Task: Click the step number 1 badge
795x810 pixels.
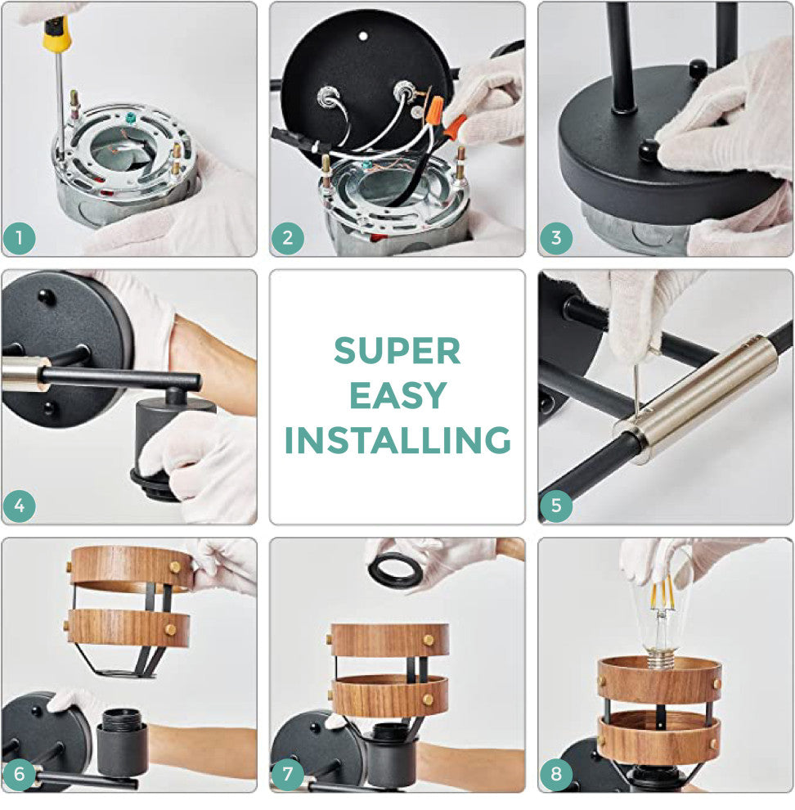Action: click(x=19, y=238)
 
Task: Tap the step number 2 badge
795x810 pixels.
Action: click(x=288, y=238)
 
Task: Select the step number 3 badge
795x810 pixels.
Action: click(x=556, y=238)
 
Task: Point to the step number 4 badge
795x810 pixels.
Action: click(x=19, y=506)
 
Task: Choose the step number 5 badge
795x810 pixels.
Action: click(x=556, y=506)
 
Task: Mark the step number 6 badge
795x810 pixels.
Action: click(x=19, y=774)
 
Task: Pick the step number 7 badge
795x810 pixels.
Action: click(x=288, y=774)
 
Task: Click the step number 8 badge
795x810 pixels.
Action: click(x=556, y=774)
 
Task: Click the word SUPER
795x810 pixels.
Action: click(x=397, y=351)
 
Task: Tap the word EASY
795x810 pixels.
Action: click(x=397, y=396)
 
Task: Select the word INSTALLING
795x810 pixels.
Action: click(x=397, y=440)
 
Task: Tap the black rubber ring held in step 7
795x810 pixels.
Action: click(x=396, y=569)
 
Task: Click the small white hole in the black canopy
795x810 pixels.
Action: click(x=363, y=36)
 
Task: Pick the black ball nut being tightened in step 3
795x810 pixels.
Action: click(x=648, y=150)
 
